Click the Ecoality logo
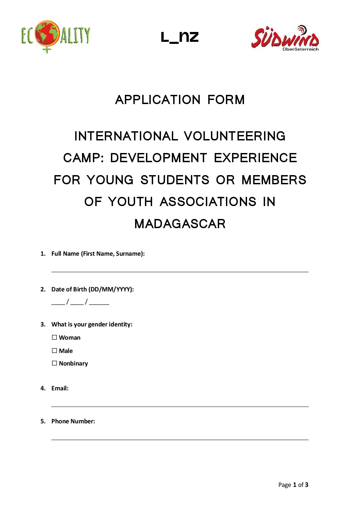tap(55, 36)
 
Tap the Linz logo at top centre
tap(180, 37)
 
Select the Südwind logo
tap(285, 37)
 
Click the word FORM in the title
tap(226, 100)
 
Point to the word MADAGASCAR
tap(180, 224)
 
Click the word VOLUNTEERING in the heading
tap(234, 136)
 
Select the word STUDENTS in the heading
tap(175, 180)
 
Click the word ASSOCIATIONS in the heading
tap(208, 202)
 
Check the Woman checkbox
tap(54, 337)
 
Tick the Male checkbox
tap(54, 351)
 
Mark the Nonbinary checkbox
tap(54, 363)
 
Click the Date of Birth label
tap(93, 289)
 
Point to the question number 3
tap(43, 324)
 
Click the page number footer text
tap(293, 485)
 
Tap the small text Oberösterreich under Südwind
tap(300, 49)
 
